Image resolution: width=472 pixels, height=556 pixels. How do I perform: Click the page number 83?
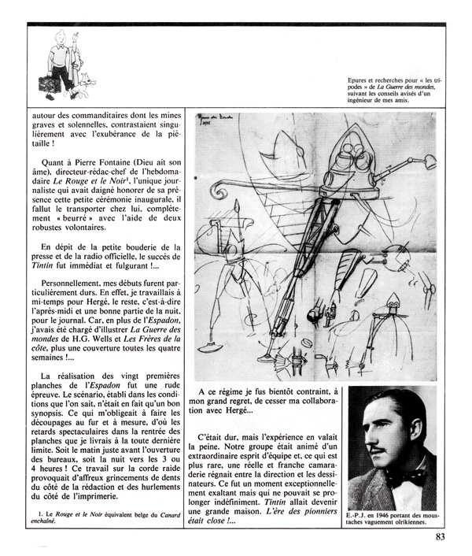point(443,539)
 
